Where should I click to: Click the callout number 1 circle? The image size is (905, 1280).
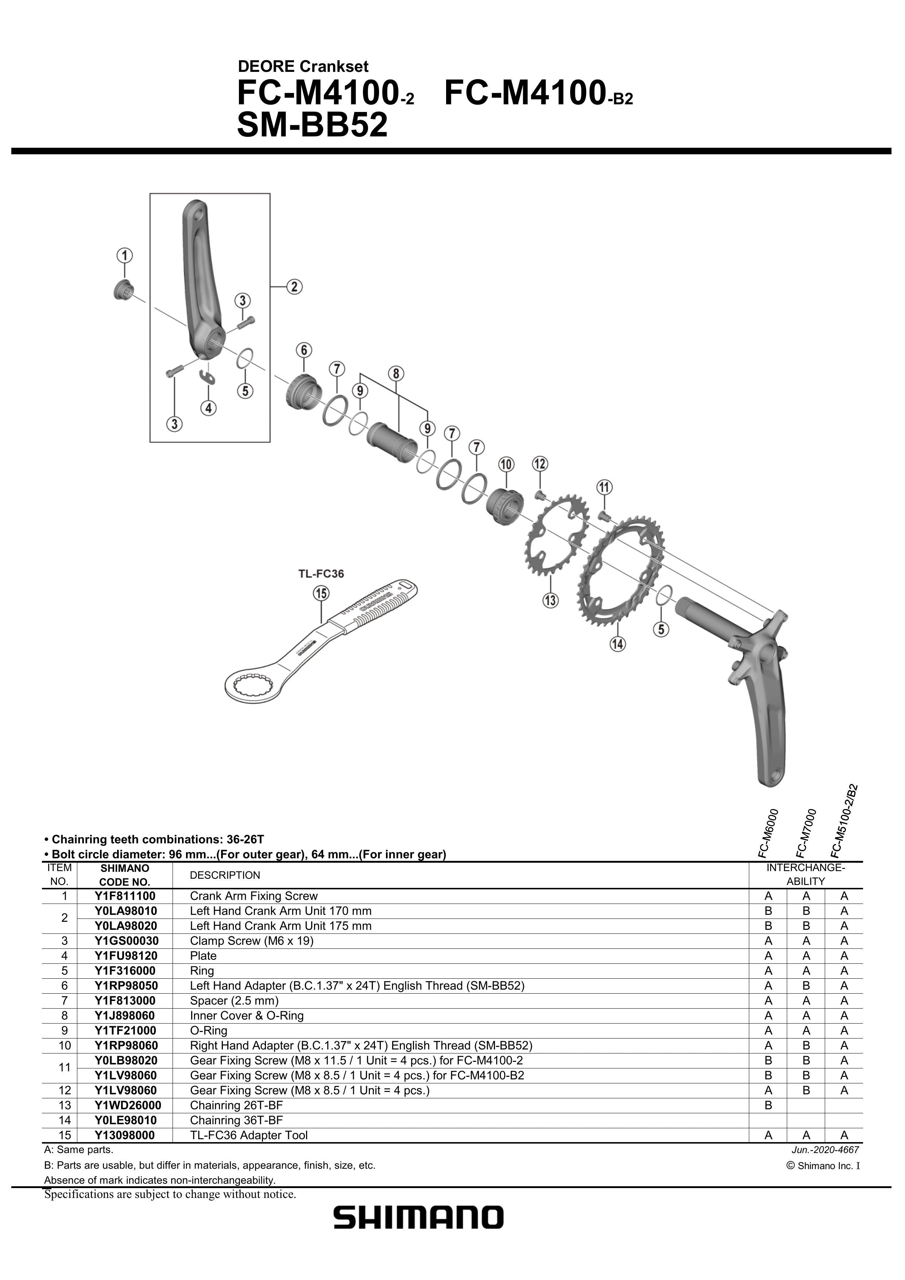[x=124, y=256]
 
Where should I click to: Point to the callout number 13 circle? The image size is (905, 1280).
[x=550, y=600]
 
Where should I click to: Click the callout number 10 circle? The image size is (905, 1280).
[x=506, y=464]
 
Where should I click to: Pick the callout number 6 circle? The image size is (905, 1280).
[x=304, y=350]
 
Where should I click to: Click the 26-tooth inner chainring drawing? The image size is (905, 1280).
[x=556, y=534]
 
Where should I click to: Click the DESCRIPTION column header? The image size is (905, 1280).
[x=225, y=875]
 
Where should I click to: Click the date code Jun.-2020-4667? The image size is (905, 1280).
[x=825, y=1149]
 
